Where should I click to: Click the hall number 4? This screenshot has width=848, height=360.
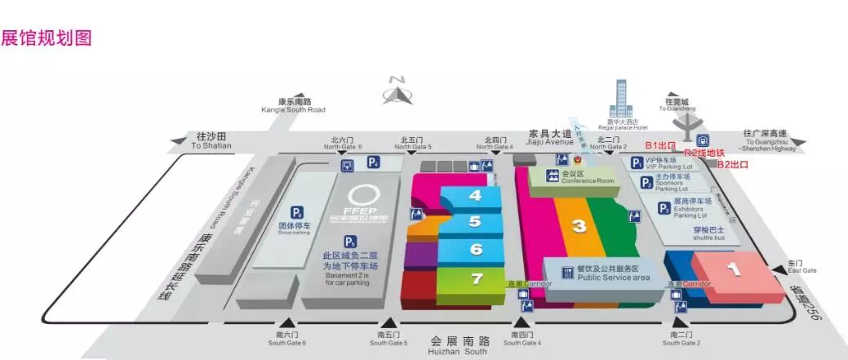point(474,196)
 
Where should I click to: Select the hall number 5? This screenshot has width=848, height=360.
point(474,221)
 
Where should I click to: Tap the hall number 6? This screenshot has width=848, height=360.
point(476,249)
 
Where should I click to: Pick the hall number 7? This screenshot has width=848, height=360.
point(476,278)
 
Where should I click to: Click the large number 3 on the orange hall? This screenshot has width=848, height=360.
point(579,226)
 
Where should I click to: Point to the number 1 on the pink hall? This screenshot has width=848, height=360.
point(733,266)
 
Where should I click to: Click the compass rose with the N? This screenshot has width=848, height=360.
point(398,91)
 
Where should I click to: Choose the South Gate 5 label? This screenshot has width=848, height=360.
point(389,339)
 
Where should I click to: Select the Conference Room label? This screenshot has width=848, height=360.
point(583,177)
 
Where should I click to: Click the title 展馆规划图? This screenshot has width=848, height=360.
point(46,38)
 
